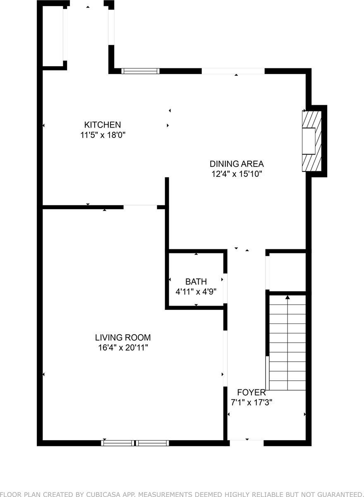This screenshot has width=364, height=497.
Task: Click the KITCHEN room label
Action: [x=103, y=125]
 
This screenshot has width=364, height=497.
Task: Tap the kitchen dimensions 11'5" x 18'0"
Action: [x=103, y=135]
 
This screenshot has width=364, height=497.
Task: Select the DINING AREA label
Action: [x=237, y=164]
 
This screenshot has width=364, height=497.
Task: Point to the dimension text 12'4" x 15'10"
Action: [x=237, y=174]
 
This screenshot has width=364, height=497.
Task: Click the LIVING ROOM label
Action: [x=123, y=338]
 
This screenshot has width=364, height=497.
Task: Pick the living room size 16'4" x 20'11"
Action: [x=123, y=347]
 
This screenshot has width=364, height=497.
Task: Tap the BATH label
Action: [x=196, y=282]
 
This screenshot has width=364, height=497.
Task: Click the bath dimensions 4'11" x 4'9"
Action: [x=196, y=292]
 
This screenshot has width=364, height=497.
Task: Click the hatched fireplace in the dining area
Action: [x=312, y=141]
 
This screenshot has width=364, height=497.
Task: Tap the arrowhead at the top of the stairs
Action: [x=287, y=297]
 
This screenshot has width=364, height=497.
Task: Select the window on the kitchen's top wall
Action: [x=141, y=71]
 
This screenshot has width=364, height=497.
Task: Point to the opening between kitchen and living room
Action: [x=140, y=207]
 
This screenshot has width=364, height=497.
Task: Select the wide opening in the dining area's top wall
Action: [x=233, y=71]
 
